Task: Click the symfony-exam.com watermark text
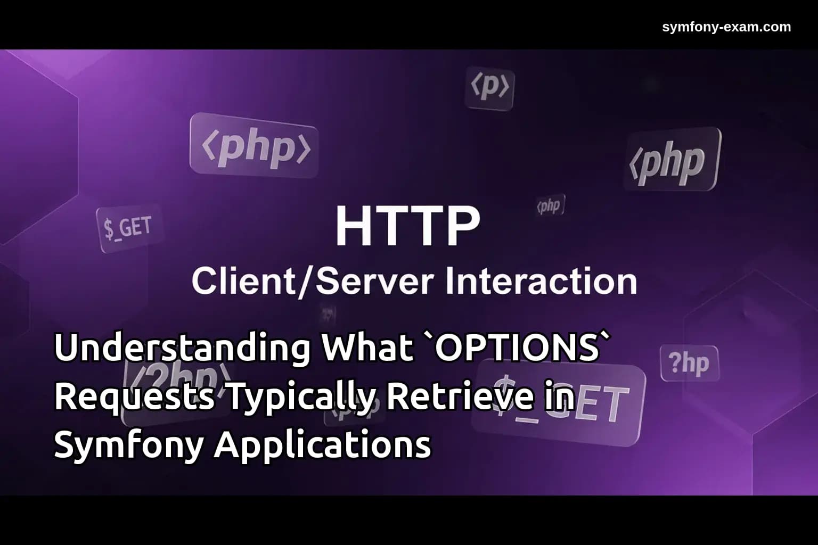[726, 27]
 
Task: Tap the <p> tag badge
[490, 88]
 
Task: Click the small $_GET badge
[128, 228]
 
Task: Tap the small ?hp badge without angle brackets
[689, 364]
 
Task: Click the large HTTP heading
[407, 226]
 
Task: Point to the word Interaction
[541, 281]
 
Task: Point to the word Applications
[323, 445]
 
